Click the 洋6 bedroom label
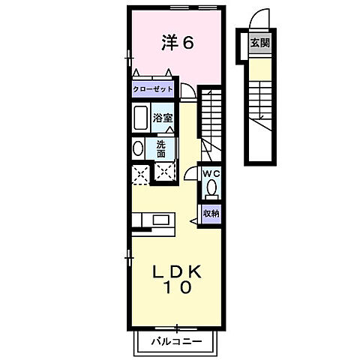[178, 43]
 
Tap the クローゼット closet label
[153, 89]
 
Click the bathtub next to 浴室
[140, 118]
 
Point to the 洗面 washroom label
[162, 148]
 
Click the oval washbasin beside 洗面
[137, 148]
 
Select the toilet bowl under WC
[211, 186]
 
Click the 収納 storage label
[211, 212]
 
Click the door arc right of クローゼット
[190, 91]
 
